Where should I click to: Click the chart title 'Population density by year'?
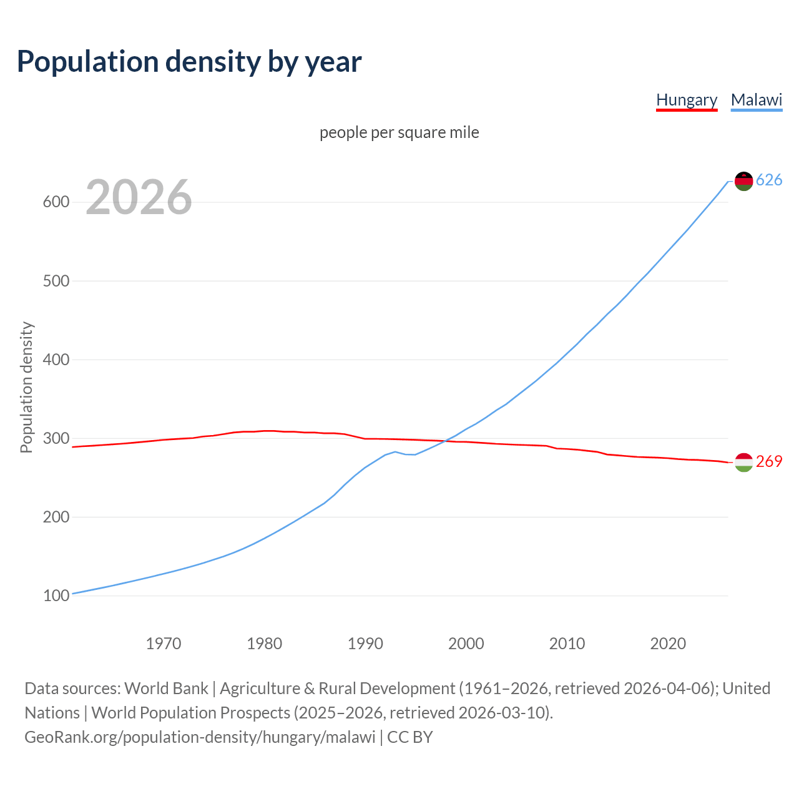pyautogui.click(x=189, y=61)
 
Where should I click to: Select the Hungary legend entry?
pyautogui.click(x=687, y=100)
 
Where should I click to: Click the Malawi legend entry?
pyautogui.click(x=757, y=100)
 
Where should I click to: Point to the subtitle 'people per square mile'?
pyautogui.click(x=399, y=132)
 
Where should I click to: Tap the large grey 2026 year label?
pyautogui.click(x=139, y=197)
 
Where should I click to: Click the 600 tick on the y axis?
pyautogui.click(x=56, y=202)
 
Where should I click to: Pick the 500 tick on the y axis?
pyautogui.click(x=56, y=281)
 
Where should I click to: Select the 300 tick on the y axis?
pyautogui.click(x=56, y=438)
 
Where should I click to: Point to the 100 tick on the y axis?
pyautogui.click(x=56, y=596)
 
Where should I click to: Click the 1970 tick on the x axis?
pyautogui.click(x=164, y=644)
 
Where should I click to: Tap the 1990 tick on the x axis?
pyautogui.click(x=365, y=644)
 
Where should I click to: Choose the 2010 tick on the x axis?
pyautogui.click(x=567, y=644)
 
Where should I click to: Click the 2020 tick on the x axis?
pyautogui.click(x=668, y=644)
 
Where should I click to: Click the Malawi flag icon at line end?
pyautogui.click(x=743, y=181)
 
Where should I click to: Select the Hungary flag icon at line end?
pyautogui.click(x=743, y=463)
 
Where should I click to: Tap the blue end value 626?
pyautogui.click(x=769, y=180)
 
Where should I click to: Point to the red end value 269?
pyautogui.click(x=769, y=462)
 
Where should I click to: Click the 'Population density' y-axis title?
pyautogui.click(x=26, y=387)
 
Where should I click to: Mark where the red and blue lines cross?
pyautogui.click(x=445, y=441)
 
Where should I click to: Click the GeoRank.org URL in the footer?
pyautogui.click(x=200, y=737)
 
